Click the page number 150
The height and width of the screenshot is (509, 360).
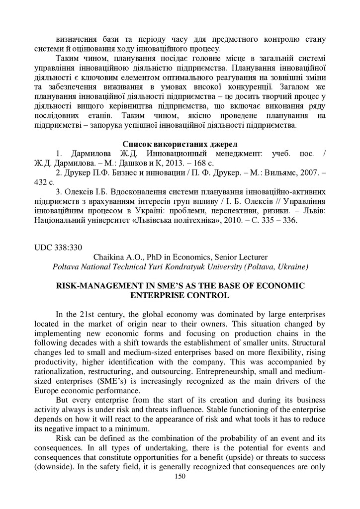(x=180, y=476)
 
